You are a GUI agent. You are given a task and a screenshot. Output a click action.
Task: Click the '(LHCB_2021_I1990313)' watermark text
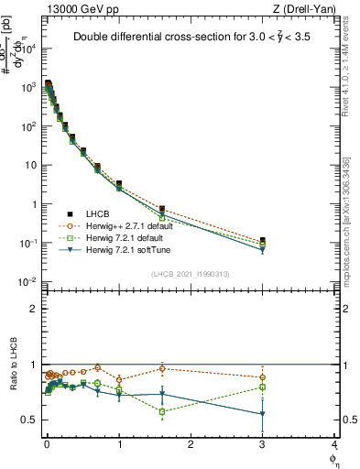tap(191, 274)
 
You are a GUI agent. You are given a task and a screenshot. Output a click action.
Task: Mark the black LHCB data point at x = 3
tap(263, 241)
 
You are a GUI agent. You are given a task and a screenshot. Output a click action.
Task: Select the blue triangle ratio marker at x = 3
tap(263, 414)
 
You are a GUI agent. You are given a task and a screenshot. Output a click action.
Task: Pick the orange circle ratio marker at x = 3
tap(263, 377)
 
